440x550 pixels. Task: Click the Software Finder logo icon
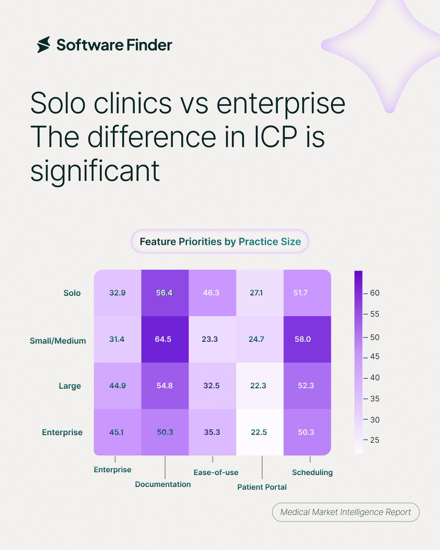[x=44, y=45]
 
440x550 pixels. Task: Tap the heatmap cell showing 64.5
[x=165, y=339]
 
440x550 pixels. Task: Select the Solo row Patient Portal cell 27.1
[x=260, y=293]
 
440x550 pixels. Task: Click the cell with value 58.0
[x=307, y=339]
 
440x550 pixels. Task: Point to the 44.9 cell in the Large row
[x=118, y=386]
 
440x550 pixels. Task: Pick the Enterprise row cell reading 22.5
[x=260, y=432]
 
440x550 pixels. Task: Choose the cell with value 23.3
[x=212, y=339]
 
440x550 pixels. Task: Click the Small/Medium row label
[x=58, y=341]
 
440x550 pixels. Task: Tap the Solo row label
[x=72, y=293]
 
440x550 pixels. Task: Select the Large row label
[x=70, y=386]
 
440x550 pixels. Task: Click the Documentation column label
[x=163, y=484]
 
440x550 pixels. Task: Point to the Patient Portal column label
[x=262, y=487]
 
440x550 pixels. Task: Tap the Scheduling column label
[x=312, y=473]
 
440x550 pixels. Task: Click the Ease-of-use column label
[x=216, y=472]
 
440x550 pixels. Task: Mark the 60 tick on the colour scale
[x=365, y=293]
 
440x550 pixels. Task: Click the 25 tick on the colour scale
[x=365, y=440]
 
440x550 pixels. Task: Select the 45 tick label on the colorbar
[x=375, y=356]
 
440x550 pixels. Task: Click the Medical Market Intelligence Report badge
[x=345, y=512]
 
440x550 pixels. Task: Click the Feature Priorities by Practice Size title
[x=220, y=242]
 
